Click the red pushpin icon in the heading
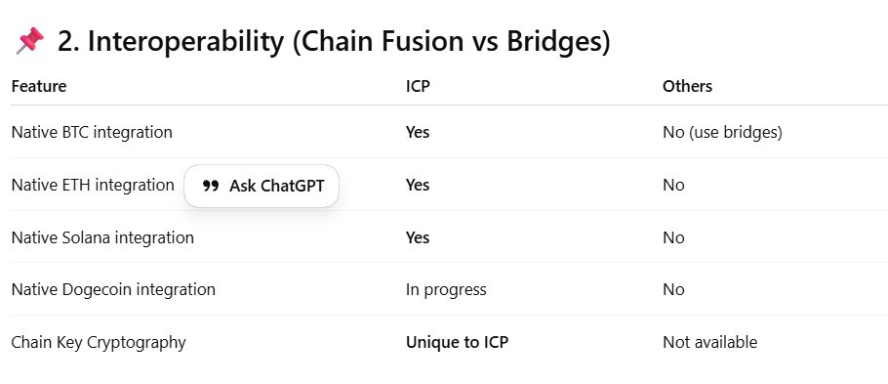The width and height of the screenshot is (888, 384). click(30, 42)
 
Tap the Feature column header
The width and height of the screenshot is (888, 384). click(39, 86)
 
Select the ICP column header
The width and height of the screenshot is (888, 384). click(417, 86)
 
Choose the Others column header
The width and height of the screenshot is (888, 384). click(687, 86)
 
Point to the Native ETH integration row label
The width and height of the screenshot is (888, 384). click(93, 185)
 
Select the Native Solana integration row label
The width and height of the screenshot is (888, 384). click(102, 237)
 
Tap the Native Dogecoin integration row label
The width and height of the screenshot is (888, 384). click(113, 289)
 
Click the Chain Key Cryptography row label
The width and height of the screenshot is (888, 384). click(99, 342)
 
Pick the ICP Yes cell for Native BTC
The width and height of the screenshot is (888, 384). click(418, 132)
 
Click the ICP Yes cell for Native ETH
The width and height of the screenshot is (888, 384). click(418, 185)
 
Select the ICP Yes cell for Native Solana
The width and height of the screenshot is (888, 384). click(418, 237)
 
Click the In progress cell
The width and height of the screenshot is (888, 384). click(446, 289)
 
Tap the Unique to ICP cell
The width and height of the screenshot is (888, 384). click(457, 342)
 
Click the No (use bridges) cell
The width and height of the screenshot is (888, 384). click(722, 132)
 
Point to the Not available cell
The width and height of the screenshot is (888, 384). click(709, 342)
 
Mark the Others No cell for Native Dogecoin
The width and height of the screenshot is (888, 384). click(673, 289)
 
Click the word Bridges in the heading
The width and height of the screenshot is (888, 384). click(553, 42)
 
